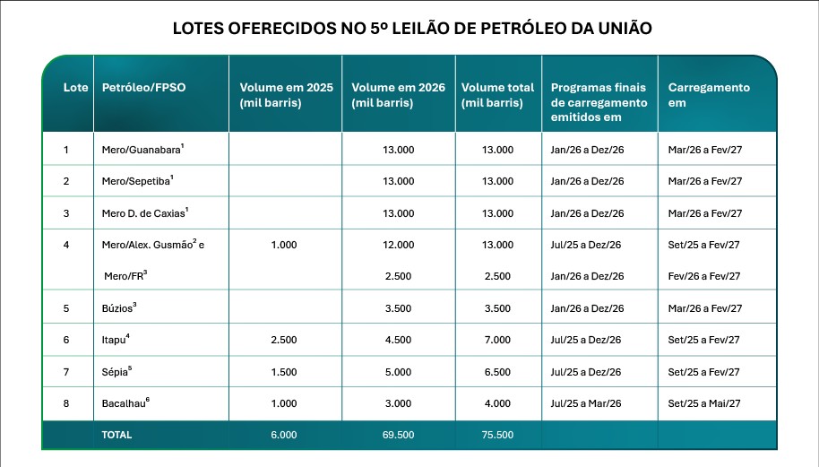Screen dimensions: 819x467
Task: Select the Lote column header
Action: [76, 87]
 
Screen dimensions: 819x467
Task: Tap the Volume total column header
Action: [497, 95]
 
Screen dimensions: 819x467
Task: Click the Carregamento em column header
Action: [709, 95]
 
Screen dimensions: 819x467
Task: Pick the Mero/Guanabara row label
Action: [142, 150]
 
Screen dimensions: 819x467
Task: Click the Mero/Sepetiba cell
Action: [137, 181]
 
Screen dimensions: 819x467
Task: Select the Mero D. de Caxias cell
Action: [145, 213]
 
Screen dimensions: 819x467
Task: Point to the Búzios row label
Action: [119, 308]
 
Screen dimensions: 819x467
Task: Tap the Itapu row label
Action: [116, 340]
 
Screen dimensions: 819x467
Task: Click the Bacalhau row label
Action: [125, 403]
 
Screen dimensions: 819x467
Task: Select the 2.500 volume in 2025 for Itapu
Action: [284, 340]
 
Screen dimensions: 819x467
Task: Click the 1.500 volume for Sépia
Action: [284, 372]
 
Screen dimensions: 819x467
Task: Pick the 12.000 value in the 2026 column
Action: [398, 245]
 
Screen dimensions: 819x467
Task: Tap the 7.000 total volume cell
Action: [497, 340]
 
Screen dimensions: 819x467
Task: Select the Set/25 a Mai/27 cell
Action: [704, 403]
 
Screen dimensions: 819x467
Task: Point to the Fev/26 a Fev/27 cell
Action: [704, 276]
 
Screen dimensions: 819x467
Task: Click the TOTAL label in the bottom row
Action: [116, 435]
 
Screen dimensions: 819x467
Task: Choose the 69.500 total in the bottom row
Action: [398, 435]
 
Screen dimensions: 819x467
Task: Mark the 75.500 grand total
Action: [497, 435]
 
